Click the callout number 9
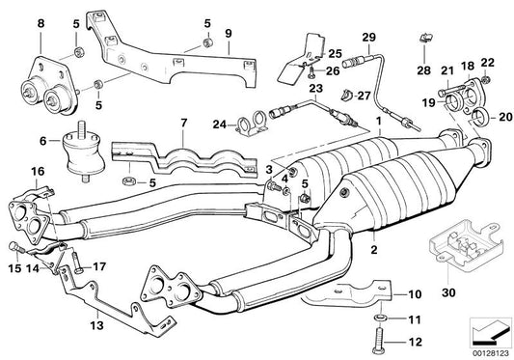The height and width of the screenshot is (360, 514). pyautogui.click(x=230, y=35)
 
